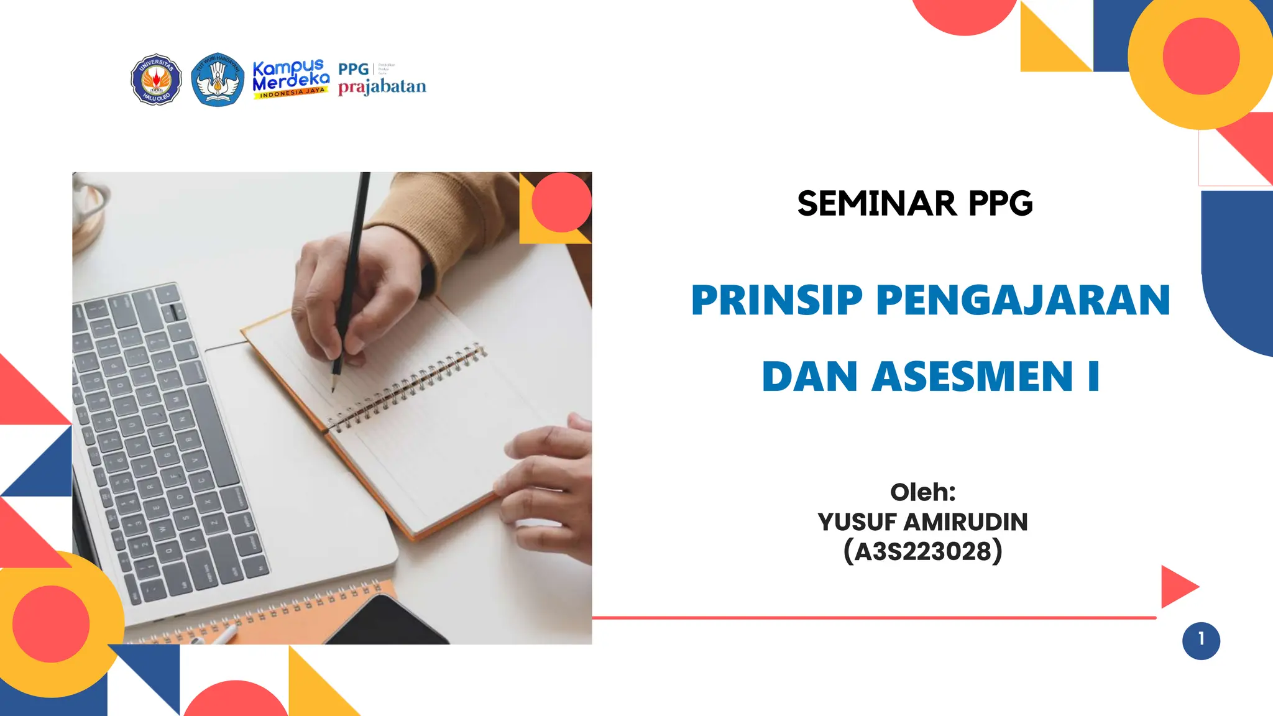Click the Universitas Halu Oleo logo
(156, 79)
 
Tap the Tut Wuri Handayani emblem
(217, 80)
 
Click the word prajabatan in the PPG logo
(382, 87)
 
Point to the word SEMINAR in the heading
(876, 204)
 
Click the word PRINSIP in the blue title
(776, 300)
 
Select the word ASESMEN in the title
(972, 377)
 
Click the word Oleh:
(922, 492)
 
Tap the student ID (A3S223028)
(922, 551)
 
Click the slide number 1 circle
(1201, 640)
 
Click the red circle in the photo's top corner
(561, 202)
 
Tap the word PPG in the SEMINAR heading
(1000, 204)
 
